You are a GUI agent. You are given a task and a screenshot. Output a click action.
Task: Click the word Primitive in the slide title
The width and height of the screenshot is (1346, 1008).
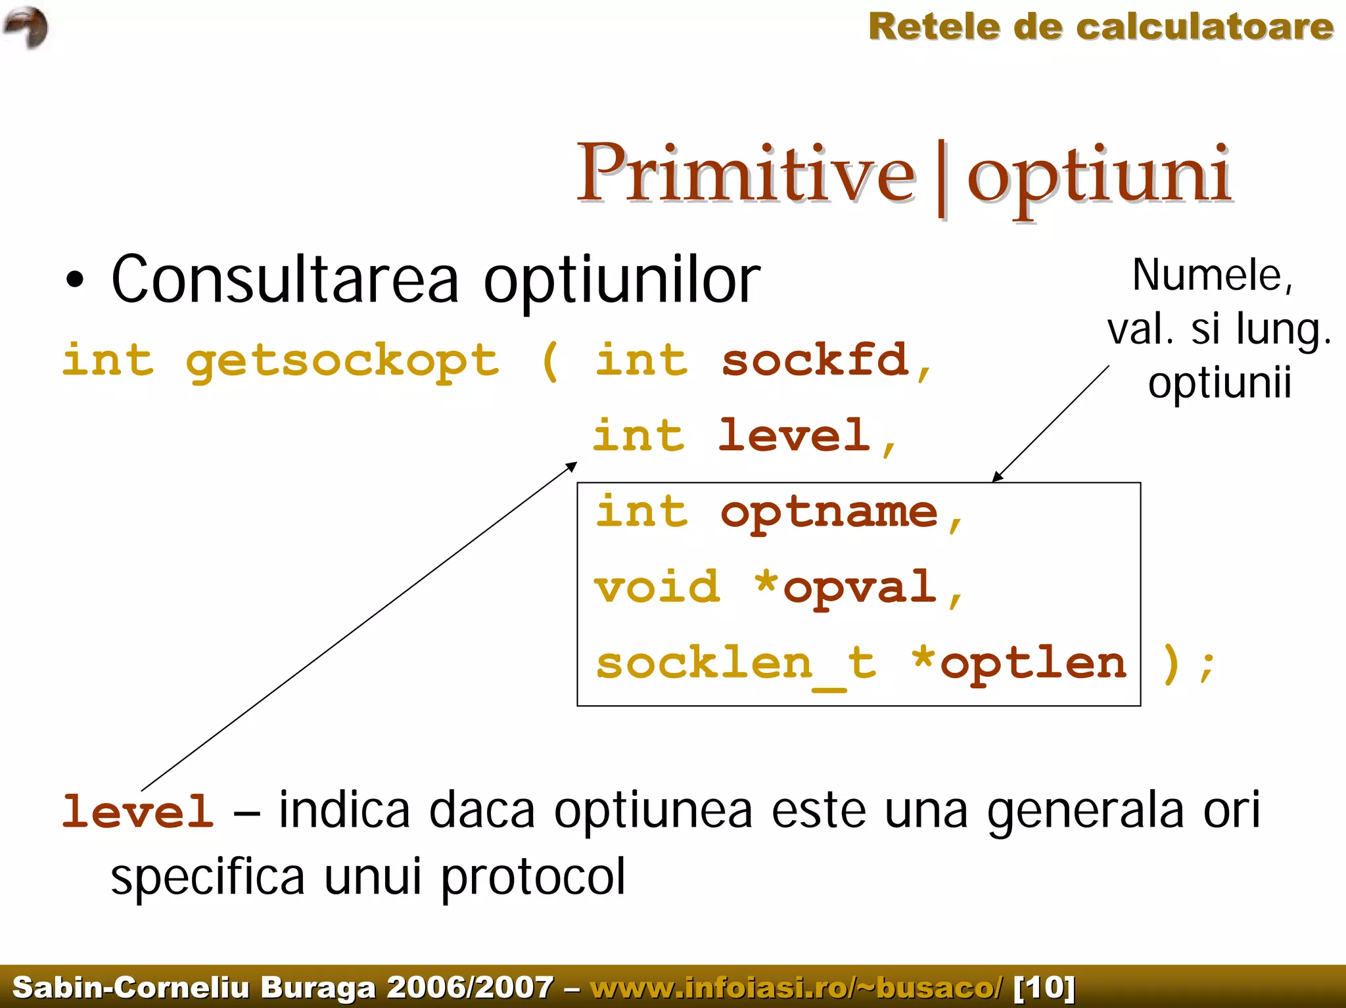[745, 173]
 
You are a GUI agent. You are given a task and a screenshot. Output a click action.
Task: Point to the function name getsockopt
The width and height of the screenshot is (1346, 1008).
[342, 361]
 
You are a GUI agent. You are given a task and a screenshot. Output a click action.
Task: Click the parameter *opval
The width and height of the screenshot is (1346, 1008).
[847, 587]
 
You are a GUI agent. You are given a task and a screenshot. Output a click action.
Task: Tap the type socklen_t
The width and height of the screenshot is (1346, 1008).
[736, 664]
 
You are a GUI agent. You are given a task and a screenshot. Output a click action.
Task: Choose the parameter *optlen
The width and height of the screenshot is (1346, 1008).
[1020, 664]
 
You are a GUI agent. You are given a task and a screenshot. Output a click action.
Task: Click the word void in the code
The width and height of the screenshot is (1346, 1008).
[657, 587]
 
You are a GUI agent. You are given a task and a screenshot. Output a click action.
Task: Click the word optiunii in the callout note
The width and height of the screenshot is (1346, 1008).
[1220, 382]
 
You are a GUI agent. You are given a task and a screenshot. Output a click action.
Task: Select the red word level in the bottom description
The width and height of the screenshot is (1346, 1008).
[138, 811]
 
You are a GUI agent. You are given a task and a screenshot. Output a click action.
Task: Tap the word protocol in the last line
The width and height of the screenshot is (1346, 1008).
[533, 877]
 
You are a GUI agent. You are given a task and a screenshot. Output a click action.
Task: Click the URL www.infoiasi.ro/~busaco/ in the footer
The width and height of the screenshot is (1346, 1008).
[797, 987]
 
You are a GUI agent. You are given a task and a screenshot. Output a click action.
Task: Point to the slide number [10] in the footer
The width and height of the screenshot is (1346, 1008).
[1044, 987]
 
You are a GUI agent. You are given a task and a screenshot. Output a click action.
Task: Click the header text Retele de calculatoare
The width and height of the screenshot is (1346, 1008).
[1101, 27]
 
